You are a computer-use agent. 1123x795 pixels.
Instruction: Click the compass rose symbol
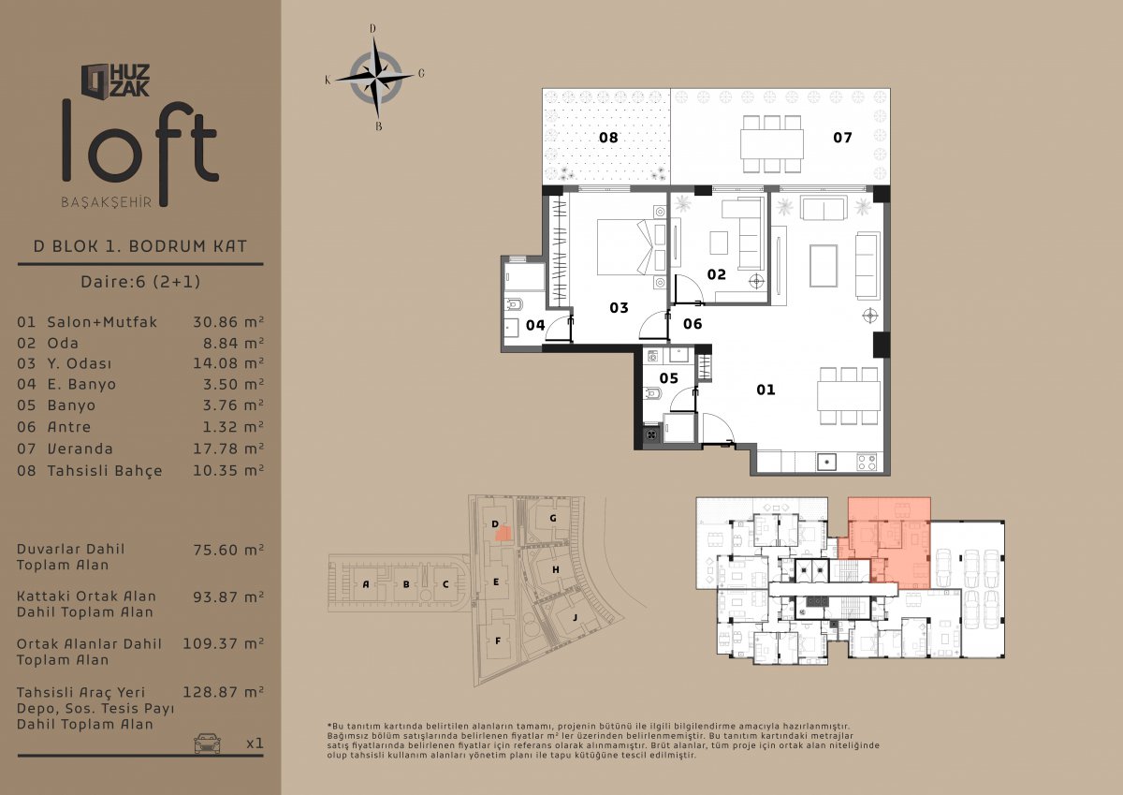[375, 77]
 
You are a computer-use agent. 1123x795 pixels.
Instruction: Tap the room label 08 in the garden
[608, 138]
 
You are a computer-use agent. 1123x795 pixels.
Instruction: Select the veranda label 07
[842, 138]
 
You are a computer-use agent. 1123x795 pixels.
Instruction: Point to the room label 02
[717, 274]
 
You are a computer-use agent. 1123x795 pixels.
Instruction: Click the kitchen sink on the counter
[826, 462]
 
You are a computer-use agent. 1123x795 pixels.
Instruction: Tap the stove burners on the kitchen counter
[867, 462]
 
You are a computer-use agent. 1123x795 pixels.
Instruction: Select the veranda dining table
[771, 144]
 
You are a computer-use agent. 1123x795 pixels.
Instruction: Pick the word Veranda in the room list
[80, 449]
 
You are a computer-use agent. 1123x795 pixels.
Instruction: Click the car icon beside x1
[207, 743]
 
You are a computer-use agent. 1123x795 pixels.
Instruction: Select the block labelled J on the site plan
[575, 617]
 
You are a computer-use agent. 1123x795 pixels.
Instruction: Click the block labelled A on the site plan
[366, 583]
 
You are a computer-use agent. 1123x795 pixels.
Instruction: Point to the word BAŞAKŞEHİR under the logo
[107, 202]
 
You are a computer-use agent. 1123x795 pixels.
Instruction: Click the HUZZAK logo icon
[95, 80]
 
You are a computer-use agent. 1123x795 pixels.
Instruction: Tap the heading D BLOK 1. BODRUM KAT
[140, 246]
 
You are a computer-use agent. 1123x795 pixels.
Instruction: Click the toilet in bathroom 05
[651, 394]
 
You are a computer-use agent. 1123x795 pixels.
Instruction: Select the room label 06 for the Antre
[693, 323]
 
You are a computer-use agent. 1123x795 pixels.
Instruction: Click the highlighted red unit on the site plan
[503, 533]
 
